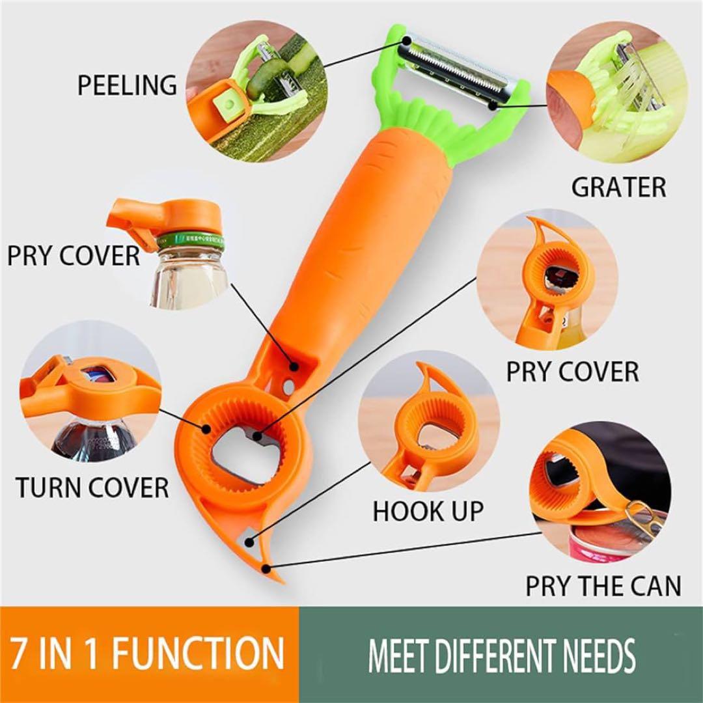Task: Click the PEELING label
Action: [128, 85]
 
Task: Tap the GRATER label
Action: [618, 187]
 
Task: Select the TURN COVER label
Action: [92, 488]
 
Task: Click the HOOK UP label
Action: [428, 511]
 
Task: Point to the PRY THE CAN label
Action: [603, 586]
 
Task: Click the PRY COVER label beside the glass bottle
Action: [74, 256]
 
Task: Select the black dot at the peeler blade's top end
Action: [406, 40]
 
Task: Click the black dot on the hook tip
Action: [267, 570]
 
